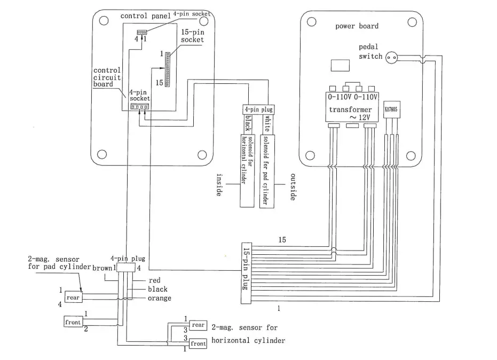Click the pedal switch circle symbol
coord(391,57)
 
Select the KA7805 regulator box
coord(391,109)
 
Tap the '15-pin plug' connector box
coord(246,273)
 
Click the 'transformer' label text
coord(350,109)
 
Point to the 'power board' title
coord(357,26)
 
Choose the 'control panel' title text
coord(146,16)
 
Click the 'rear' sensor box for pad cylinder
coord(73,297)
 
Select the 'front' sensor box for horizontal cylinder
coord(198,343)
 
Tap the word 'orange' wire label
coord(160,298)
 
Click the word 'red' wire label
coord(155,280)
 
